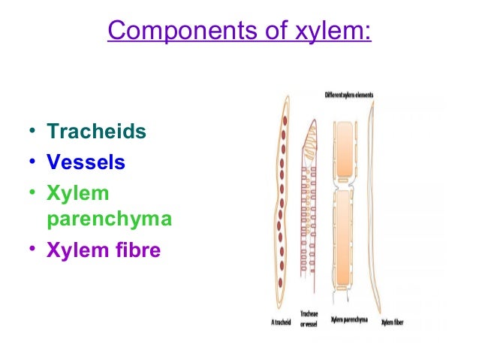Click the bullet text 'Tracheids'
click(x=96, y=132)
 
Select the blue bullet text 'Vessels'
click(x=86, y=162)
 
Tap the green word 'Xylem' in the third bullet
click(x=78, y=193)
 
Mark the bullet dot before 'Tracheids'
click(x=32, y=133)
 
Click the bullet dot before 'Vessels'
click(x=32, y=163)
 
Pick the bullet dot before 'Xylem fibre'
click(x=32, y=250)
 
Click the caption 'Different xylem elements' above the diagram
click(x=348, y=95)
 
